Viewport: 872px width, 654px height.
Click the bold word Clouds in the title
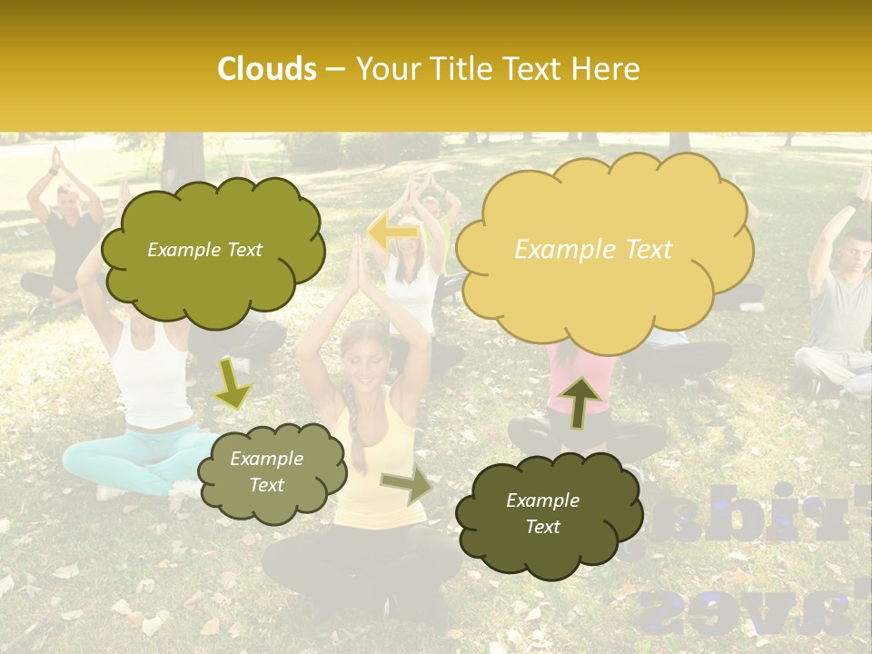pyautogui.click(x=267, y=69)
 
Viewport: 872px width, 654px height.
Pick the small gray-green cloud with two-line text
pyautogui.click(x=270, y=471)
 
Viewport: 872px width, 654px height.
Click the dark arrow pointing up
pyautogui.click(x=579, y=401)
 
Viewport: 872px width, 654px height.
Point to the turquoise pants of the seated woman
pyautogui.click(x=136, y=450)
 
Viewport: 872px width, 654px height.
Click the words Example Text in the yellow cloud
pyautogui.click(x=593, y=250)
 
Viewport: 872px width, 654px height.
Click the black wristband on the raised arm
pyautogui.click(x=854, y=203)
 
